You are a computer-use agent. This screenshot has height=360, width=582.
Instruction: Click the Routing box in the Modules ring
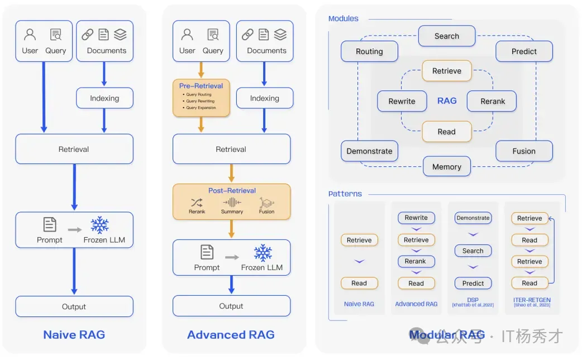tap(369, 51)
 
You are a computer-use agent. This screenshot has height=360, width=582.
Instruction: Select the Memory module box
tap(446, 166)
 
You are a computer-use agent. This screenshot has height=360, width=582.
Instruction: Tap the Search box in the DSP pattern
tap(473, 251)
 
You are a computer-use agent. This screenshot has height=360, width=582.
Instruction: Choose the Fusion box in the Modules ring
tap(523, 151)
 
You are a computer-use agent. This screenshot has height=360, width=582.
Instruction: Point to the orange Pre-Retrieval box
tap(201, 98)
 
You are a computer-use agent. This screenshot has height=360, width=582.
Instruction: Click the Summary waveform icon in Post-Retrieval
tap(232, 202)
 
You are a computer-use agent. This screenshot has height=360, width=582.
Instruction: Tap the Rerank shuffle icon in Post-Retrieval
tap(197, 202)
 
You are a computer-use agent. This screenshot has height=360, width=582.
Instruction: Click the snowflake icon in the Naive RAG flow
tap(100, 225)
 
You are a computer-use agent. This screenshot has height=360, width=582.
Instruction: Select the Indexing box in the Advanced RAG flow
tap(264, 98)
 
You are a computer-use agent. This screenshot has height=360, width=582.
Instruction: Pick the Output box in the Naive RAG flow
tap(74, 306)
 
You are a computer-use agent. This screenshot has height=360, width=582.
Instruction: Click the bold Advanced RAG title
tap(231, 335)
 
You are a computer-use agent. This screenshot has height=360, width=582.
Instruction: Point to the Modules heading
tap(344, 18)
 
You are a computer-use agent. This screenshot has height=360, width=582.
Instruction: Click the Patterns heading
tap(345, 194)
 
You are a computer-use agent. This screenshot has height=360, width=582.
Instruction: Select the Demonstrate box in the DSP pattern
tap(473, 218)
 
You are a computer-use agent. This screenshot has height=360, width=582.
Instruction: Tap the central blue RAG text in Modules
tap(447, 101)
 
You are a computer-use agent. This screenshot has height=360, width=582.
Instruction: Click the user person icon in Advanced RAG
tap(187, 35)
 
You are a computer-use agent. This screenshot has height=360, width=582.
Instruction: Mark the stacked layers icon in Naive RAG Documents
tap(120, 35)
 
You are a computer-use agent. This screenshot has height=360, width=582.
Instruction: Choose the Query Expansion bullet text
tap(201, 108)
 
